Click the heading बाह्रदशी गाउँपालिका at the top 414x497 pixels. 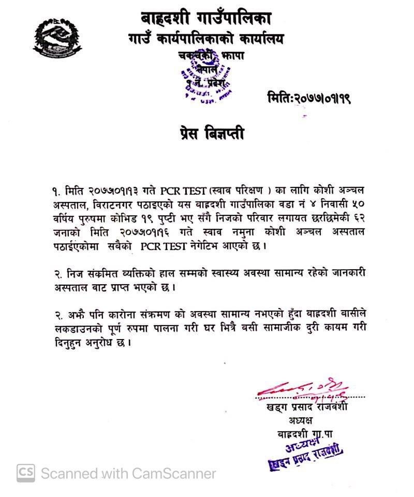(205, 19)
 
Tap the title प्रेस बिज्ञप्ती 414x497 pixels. (209, 134)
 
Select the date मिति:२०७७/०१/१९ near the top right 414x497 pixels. (309, 97)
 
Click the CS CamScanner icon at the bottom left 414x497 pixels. (26, 472)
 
